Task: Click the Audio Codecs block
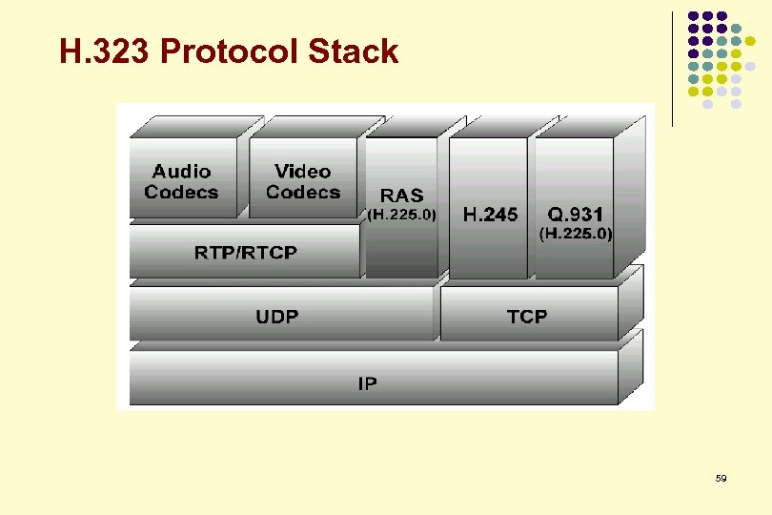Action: pyautogui.click(x=181, y=181)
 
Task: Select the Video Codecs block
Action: pyautogui.click(x=302, y=181)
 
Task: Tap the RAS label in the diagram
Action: pyautogui.click(x=402, y=196)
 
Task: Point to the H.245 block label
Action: pyautogui.click(x=491, y=215)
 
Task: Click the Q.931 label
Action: pyautogui.click(x=576, y=215)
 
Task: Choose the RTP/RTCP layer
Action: pyautogui.click(x=246, y=253)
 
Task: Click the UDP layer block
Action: pyautogui.click(x=276, y=316)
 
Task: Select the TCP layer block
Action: pyautogui.click(x=527, y=316)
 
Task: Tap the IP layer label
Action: pyautogui.click(x=367, y=383)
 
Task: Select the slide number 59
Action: pyautogui.click(x=721, y=478)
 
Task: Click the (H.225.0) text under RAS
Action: pyautogui.click(x=402, y=216)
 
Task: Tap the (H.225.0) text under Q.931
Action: pyautogui.click(x=577, y=233)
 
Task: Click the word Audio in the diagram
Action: pyautogui.click(x=181, y=172)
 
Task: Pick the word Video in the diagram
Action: pyautogui.click(x=302, y=172)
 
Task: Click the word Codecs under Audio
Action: pyautogui.click(x=181, y=192)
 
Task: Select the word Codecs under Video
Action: pyautogui.click(x=303, y=192)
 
